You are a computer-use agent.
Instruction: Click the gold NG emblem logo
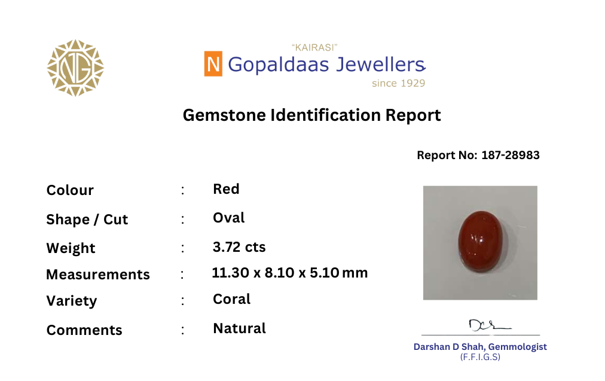(75, 68)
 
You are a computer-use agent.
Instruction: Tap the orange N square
(213, 63)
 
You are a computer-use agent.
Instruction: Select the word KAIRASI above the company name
(314, 47)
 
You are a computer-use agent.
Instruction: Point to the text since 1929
(398, 83)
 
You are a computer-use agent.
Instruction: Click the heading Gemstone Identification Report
(311, 115)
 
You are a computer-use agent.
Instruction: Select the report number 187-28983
(511, 155)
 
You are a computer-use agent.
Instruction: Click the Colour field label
(70, 190)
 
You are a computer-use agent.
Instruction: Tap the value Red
(226, 189)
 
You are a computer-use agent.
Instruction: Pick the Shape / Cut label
(87, 220)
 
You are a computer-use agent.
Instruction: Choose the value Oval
(229, 218)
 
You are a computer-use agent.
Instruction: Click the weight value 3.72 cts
(239, 246)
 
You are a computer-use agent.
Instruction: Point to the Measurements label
(98, 274)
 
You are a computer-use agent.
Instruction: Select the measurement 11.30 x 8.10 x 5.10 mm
(290, 273)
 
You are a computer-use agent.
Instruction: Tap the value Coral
(231, 299)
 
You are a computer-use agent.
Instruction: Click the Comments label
(84, 330)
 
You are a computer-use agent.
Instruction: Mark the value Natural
(239, 328)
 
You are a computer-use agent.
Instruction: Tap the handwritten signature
(489, 325)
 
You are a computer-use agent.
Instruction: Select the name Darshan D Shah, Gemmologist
(480, 347)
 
